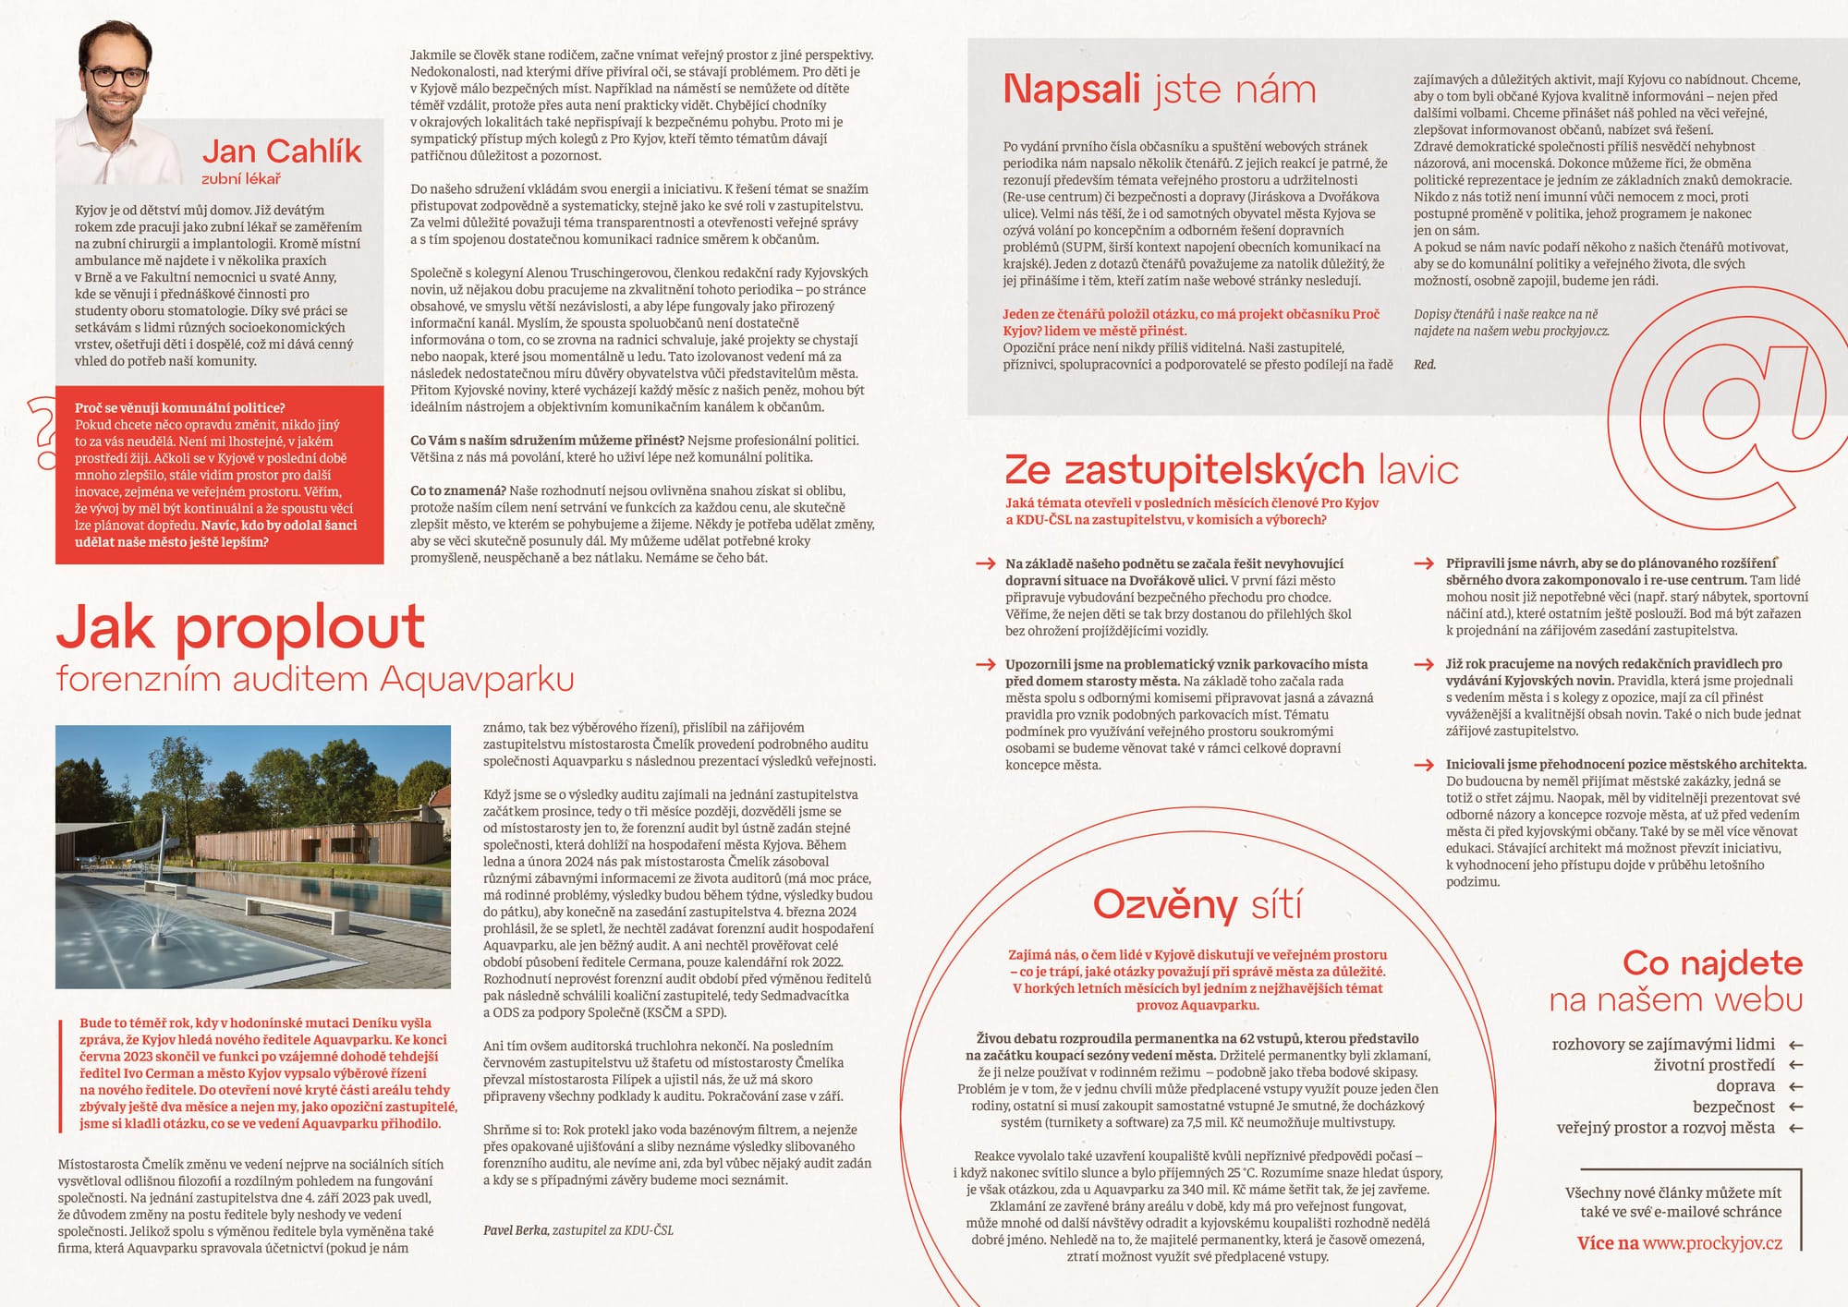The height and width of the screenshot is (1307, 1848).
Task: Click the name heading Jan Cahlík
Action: pos(282,151)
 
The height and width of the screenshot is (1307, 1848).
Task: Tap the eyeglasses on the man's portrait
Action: pos(116,76)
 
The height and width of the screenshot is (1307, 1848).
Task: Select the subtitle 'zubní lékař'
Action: pos(241,178)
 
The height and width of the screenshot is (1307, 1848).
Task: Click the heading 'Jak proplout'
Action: pos(240,627)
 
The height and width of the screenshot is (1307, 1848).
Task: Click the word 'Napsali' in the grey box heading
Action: pos(1072,90)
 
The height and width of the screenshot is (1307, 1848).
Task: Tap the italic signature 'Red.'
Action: pos(1425,365)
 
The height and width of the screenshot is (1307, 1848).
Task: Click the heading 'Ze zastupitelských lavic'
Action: pos(1231,470)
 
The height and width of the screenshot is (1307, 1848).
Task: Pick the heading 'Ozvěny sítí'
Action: pos(1198,904)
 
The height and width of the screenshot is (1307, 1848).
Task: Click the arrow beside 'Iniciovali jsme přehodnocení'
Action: pos(1424,765)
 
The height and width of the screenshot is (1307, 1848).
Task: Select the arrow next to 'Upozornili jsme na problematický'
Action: pos(985,664)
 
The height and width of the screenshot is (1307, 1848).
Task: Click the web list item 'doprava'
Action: pos(1745,1086)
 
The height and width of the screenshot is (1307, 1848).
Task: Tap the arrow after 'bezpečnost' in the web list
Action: pos(1795,1107)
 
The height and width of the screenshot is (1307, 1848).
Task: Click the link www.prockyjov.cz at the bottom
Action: pos(1712,1243)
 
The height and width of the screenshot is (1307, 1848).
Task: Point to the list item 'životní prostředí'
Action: pos(1714,1065)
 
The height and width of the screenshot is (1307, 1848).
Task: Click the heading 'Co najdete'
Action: pos(1712,963)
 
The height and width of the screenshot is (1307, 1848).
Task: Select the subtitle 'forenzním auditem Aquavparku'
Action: pos(315,679)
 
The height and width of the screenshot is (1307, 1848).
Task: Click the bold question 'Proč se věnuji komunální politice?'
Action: pos(180,408)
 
